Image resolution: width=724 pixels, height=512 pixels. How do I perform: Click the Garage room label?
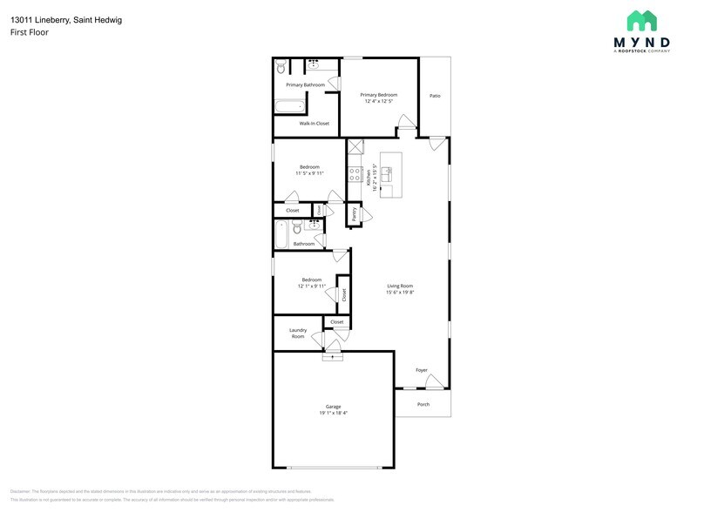[x=333, y=407]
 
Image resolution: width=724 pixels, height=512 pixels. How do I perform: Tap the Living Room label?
[x=400, y=286]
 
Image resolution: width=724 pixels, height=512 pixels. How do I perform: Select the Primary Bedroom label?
[x=380, y=94]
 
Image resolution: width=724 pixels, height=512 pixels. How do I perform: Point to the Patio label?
[x=435, y=95]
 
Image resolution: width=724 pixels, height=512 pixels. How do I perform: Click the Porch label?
[x=423, y=404]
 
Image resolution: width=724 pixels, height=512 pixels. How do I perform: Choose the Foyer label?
[x=422, y=370]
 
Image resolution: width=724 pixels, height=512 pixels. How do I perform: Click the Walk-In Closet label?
[x=314, y=124]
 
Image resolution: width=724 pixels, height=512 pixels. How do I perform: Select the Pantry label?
[x=354, y=212]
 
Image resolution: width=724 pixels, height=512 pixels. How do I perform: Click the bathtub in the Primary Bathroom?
[x=290, y=108]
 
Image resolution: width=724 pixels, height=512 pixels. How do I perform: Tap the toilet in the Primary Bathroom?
[x=281, y=67]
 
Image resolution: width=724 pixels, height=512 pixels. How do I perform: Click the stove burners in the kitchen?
[x=355, y=174]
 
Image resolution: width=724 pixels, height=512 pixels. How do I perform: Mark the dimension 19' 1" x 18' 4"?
[x=333, y=413]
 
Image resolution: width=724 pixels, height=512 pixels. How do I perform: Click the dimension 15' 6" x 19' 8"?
[x=400, y=293]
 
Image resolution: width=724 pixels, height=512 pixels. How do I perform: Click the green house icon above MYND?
[x=641, y=20]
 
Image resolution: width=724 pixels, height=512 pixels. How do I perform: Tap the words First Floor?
[x=29, y=32]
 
